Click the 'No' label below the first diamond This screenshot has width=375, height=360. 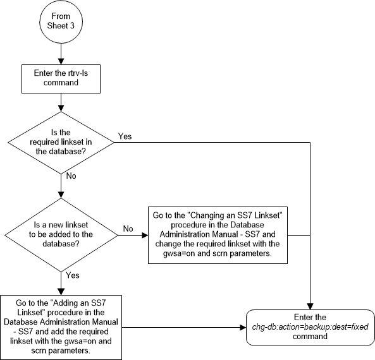71,176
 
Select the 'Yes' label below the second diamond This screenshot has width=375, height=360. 73,275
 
